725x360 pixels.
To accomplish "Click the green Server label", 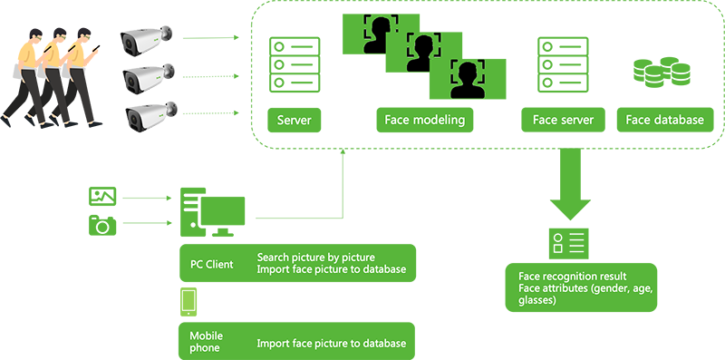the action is coord(294,121).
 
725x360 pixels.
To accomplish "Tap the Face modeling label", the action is coord(424,121).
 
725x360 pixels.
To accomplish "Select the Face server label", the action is coord(563,121).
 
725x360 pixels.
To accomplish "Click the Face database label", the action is coord(664,121).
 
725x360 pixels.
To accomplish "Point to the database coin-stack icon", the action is coord(662,73).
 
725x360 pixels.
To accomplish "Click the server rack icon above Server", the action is coord(295,64).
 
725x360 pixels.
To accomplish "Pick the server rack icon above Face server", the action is coord(563,64).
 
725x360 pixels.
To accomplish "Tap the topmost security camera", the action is coord(146,40).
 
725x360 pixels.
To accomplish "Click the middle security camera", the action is coord(149,78).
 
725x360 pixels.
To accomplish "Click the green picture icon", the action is coord(102,196).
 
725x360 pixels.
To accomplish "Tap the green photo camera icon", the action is coord(102,224).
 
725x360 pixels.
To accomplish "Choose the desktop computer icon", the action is coord(212,212).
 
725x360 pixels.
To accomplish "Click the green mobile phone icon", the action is coord(188,302).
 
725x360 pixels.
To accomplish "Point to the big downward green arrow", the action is coord(570,184).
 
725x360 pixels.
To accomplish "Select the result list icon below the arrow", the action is coord(569,243).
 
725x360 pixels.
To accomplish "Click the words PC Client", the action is coord(212,264).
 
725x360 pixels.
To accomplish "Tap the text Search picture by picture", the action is coord(315,258).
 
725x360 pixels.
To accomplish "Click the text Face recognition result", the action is coord(573,277).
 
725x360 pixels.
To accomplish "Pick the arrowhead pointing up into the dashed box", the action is coord(343,151).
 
